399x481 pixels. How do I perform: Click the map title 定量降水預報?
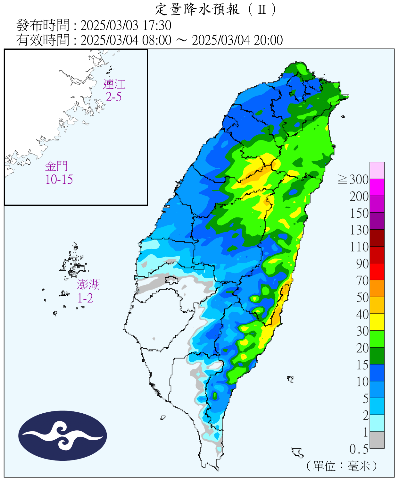pyautogui.click(x=197, y=9)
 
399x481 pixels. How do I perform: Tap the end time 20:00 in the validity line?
pyautogui.click(x=268, y=40)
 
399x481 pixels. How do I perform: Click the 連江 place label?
pyautogui.click(x=114, y=84)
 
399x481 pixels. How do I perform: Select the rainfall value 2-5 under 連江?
pyautogui.click(x=114, y=97)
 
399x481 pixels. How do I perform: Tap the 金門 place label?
pyautogui.click(x=57, y=166)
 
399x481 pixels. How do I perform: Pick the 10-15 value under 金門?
pyautogui.click(x=59, y=179)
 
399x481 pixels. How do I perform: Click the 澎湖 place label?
pyautogui.click(x=88, y=284)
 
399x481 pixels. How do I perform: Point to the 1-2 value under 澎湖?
pyautogui.click(x=85, y=298)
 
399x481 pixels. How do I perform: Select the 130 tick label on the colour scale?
pyautogui.click(x=359, y=230)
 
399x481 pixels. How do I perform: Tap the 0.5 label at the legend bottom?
pyautogui.click(x=359, y=449)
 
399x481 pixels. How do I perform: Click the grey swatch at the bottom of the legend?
pyautogui.click(x=377, y=440)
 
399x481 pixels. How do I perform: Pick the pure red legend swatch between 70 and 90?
pyautogui.click(x=377, y=272)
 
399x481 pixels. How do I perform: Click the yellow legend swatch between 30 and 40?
pyautogui.click(x=377, y=322)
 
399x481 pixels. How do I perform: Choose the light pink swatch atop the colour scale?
pyautogui.click(x=377, y=170)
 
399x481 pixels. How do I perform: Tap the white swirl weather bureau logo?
pyautogui.click(x=62, y=435)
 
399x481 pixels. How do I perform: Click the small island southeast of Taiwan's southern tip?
pyautogui.click(x=298, y=452)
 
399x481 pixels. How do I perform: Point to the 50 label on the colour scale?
pyautogui.click(x=362, y=298)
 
